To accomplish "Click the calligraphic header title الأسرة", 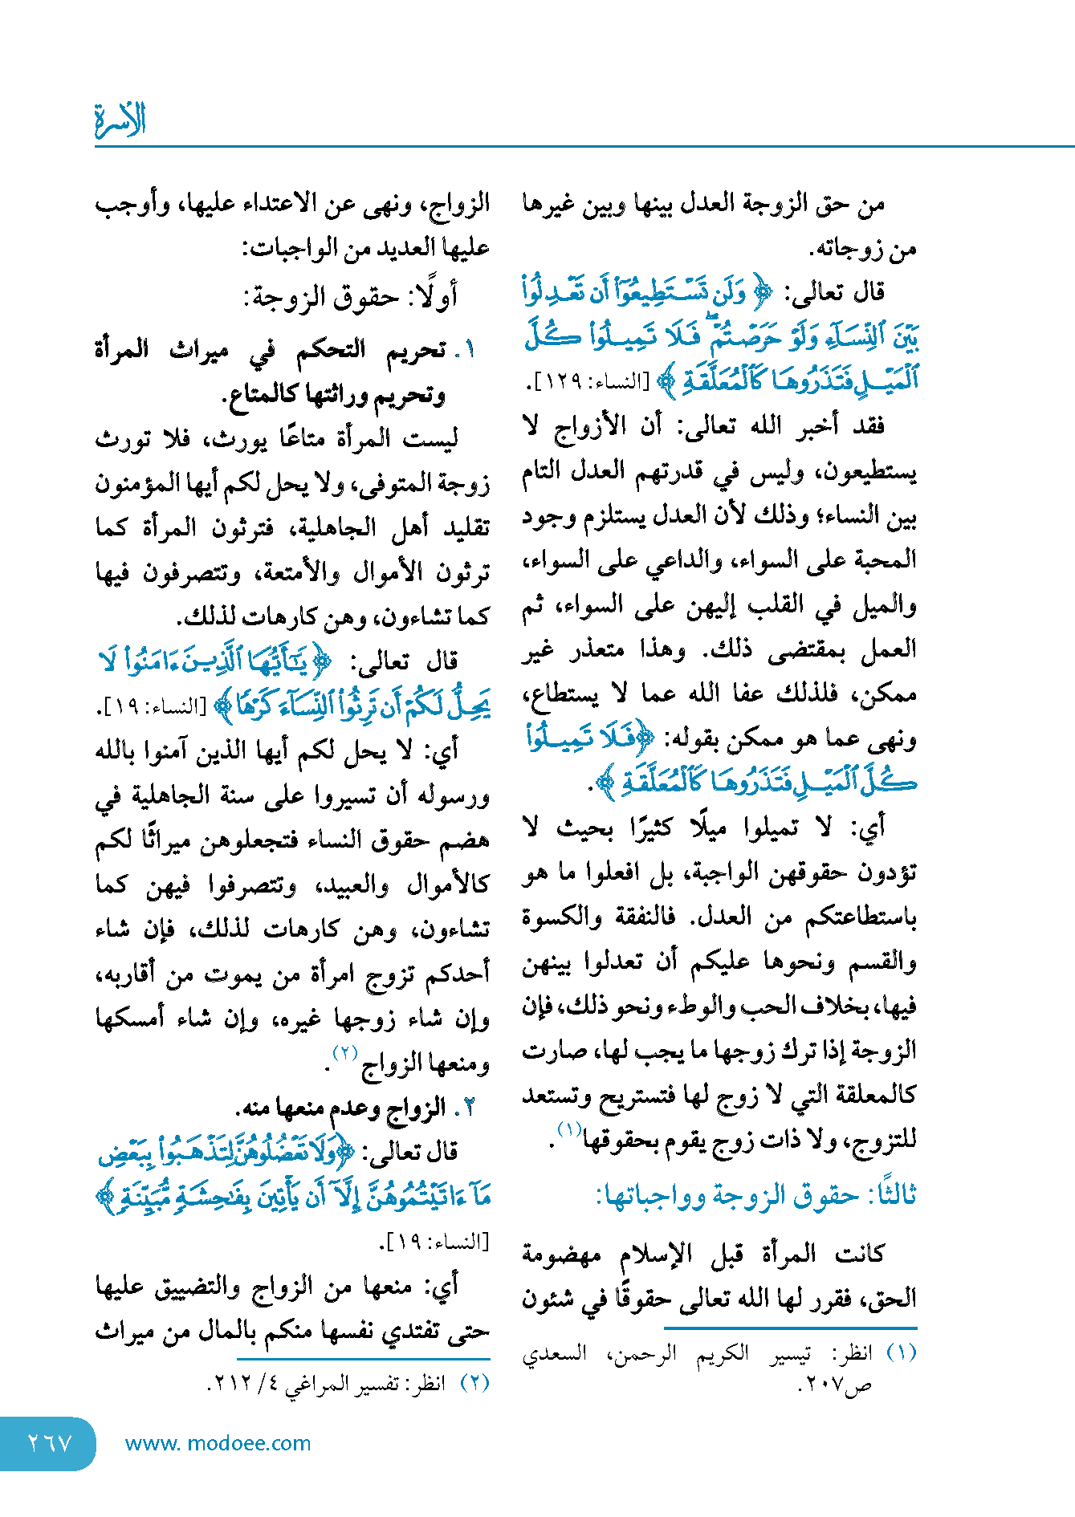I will pyautogui.click(x=120, y=120).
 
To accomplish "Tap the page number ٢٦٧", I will pyautogui.click(x=49, y=1443).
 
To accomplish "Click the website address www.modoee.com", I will pyautogui.click(x=218, y=1443).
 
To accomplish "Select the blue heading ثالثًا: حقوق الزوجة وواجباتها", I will pyautogui.click(x=755, y=1195).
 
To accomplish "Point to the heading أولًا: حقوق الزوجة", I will pyautogui.click(x=351, y=297).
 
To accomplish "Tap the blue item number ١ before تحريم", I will pyautogui.click(x=469, y=350).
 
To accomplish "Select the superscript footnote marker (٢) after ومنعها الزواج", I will pyautogui.click(x=345, y=1053).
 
